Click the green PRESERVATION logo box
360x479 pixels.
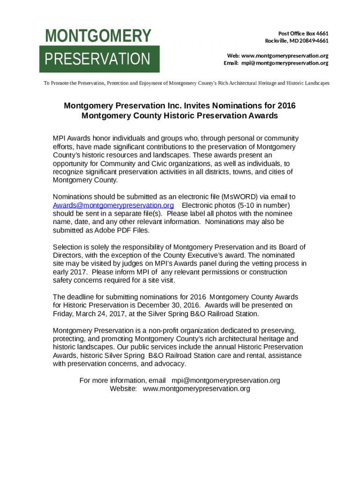click(x=100, y=59)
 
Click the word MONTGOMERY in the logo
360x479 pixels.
click(x=98, y=36)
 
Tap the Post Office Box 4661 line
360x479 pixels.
click(x=303, y=34)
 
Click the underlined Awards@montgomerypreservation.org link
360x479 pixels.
click(x=113, y=205)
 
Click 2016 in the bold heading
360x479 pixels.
click(x=286, y=106)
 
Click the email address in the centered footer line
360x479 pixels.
click(x=226, y=380)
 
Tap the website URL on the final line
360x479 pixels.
click(x=196, y=389)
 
